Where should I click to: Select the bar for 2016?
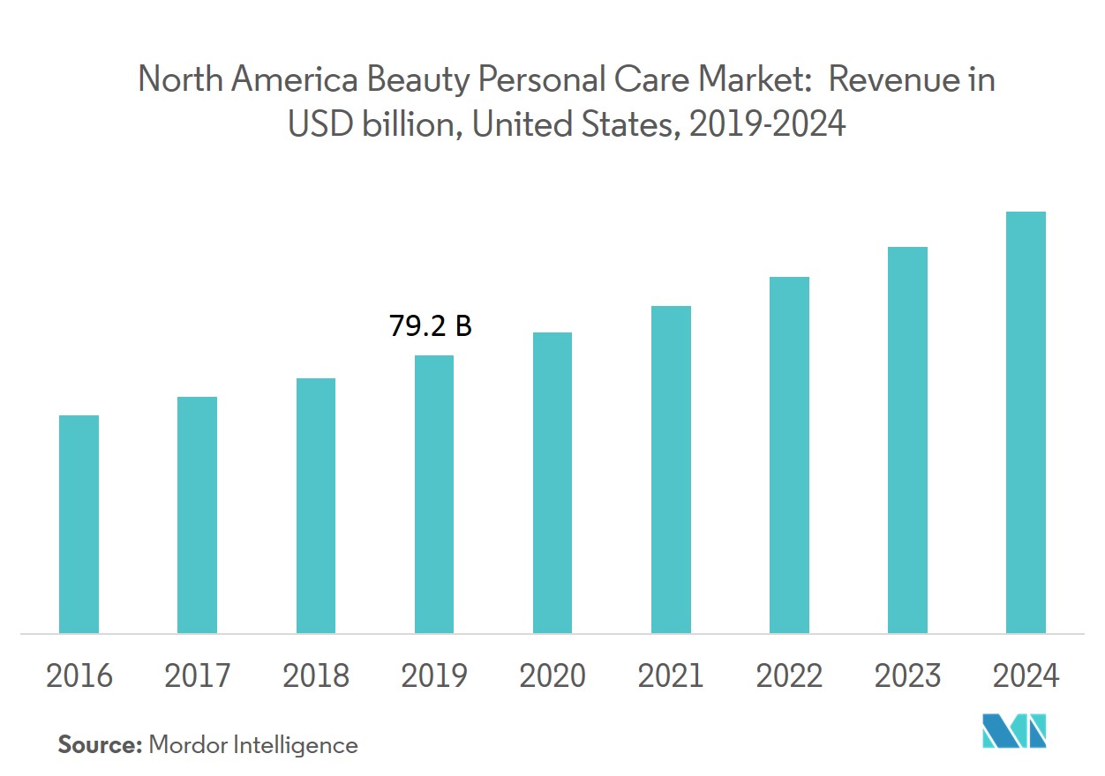pyautogui.click(x=79, y=524)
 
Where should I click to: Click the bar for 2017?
pyautogui.click(x=197, y=515)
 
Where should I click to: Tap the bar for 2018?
pyautogui.click(x=316, y=505)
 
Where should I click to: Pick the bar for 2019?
pyautogui.click(x=434, y=494)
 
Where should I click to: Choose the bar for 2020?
pyautogui.click(x=552, y=482)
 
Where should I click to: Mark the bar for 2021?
pyautogui.click(x=671, y=469)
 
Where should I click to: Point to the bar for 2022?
pyautogui.click(x=789, y=455)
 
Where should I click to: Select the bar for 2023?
pyautogui.click(x=907, y=440)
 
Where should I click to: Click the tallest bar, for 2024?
pyautogui.click(x=1026, y=422)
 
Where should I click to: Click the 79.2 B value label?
pyautogui.click(x=431, y=327)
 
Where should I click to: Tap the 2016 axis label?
pyautogui.click(x=79, y=676)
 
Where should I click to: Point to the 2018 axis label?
pyautogui.click(x=316, y=676)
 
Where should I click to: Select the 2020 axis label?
pyautogui.click(x=552, y=676)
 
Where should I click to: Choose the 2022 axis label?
pyautogui.click(x=789, y=676)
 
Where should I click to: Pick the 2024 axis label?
pyautogui.click(x=1026, y=676)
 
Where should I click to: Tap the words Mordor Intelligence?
pyautogui.click(x=253, y=745)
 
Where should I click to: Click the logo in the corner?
pyautogui.click(x=1014, y=731)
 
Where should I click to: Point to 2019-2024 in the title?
pyautogui.click(x=767, y=125)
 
